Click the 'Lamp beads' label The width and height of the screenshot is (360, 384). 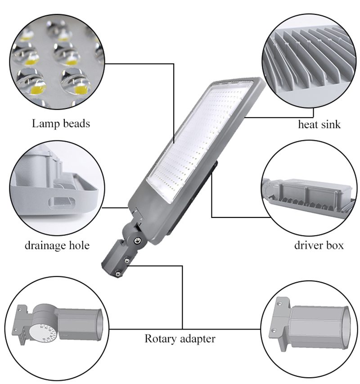pos(61,123)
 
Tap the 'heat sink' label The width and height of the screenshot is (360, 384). pos(319,124)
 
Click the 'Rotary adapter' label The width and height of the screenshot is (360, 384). pos(180,339)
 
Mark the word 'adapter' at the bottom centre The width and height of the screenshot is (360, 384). pos(196,339)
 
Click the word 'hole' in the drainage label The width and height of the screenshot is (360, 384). pos(79,245)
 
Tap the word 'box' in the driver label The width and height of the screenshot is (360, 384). pos(335,245)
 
